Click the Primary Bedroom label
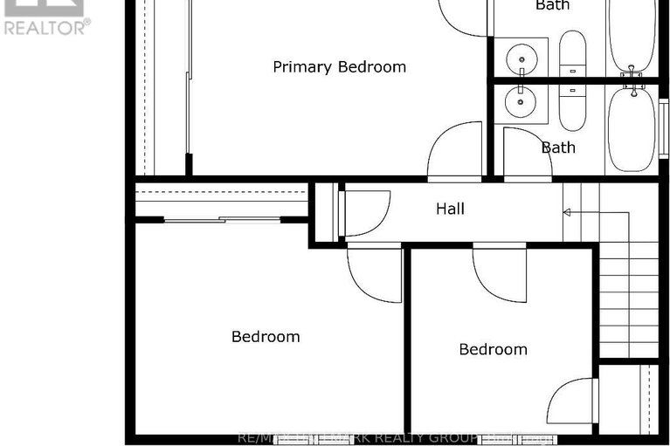click(x=339, y=67)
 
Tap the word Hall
click(x=450, y=209)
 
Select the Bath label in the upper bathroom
click(x=552, y=5)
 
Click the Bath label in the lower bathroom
click(x=558, y=148)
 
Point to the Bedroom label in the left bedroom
click(x=266, y=336)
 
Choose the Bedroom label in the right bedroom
click(x=494, y=349)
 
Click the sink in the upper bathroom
click(x=521, y=57)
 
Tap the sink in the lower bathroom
click(x=521, y=102)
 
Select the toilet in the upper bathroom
click(x=573, y=55)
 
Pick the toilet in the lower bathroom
click(x=573, y=105)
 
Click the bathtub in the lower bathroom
click(x=630, y=129)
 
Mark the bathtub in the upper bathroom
click(x=630, y=35)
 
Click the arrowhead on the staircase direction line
click(x=567, y=212)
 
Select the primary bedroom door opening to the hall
click(x=455, y=151)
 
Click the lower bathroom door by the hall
click(x=526, y=155)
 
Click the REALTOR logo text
click(x=45, y=27)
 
